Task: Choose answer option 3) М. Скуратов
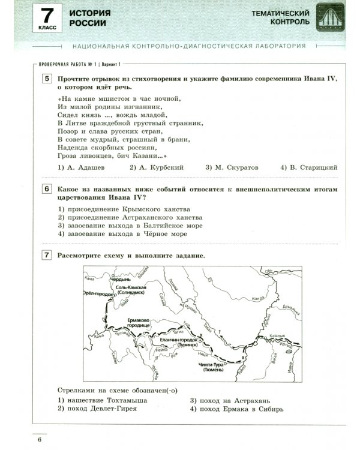[232, 168]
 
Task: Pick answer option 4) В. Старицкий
[308, 168]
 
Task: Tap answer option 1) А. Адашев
[82, 168]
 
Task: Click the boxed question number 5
[46, 80]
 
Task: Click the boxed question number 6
[46, 190]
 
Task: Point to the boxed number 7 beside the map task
[46, 256]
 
